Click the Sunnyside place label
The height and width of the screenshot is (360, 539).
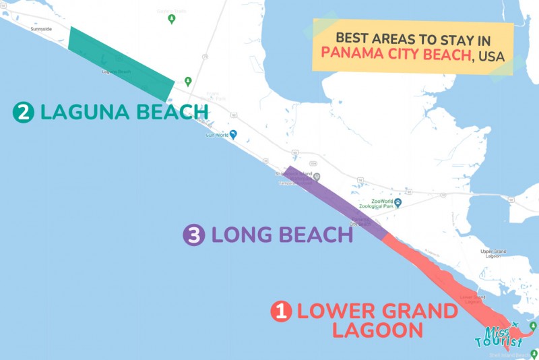coord(40,30)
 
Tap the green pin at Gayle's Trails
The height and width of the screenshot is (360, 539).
coord(171,18)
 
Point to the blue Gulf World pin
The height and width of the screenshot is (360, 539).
coord(233,133)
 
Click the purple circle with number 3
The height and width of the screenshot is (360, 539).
coord(193,235)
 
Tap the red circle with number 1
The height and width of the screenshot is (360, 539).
coord(280,311)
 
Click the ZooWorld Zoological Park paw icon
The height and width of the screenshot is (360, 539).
coord(398,203)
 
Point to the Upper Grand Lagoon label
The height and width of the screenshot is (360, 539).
coord(497,254)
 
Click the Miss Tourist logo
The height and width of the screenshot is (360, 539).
coord(504,336)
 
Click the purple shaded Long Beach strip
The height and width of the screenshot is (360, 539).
coord(337,202)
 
